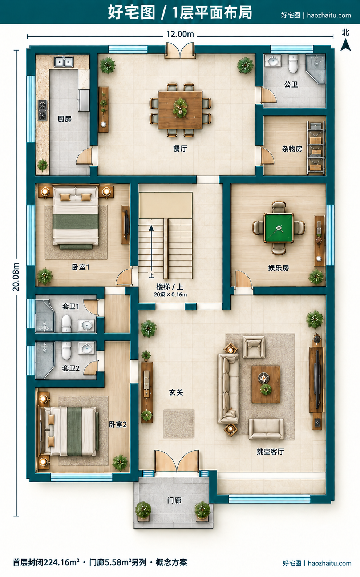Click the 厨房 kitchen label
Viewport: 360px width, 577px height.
click(x=64, y=119)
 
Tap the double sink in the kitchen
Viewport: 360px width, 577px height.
click(x=64, y=62)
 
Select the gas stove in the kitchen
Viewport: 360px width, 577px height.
click(x=43, y=110)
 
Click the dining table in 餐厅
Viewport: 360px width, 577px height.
click(x=180, y=110)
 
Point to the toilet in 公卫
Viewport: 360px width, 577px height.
click(x=293, y=63)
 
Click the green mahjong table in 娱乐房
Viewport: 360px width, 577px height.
click(x=279, y=228)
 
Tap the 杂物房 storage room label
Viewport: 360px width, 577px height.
click(x=292, y=149)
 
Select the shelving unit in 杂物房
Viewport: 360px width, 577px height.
click(x=316, y=148)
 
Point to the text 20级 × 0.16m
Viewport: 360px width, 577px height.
click(x=170, y=295)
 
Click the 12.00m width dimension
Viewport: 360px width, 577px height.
click(x=180, y=34)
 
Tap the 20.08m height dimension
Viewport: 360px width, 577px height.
click(x=16, y=277)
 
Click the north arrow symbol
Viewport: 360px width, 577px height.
click(x=345, y=45)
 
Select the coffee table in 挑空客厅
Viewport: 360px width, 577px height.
click(x=266, y=384)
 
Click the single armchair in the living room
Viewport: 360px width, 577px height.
click(x=254, y=347)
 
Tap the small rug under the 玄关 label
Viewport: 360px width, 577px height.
click(x=179, y=424)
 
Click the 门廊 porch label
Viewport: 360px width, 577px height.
click(x=174, y=500)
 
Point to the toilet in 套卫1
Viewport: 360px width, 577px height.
click(x=66, y=323)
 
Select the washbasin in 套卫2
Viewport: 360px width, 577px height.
click(x=86, y=348)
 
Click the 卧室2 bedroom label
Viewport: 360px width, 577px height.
click(x=118, y=424)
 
